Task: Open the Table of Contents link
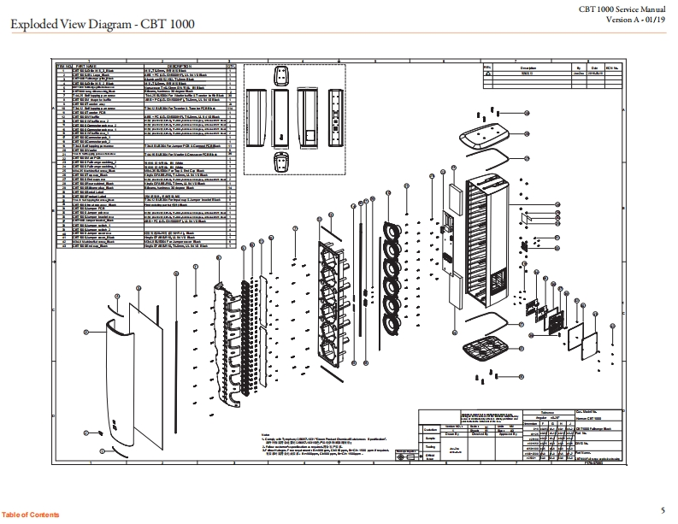31,514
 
